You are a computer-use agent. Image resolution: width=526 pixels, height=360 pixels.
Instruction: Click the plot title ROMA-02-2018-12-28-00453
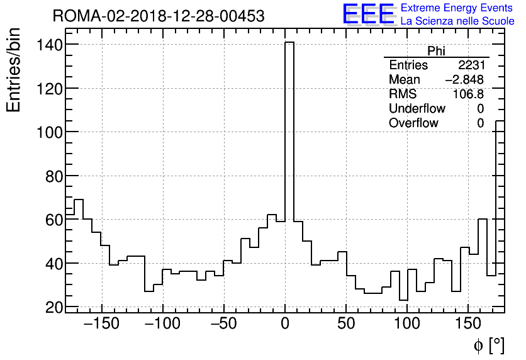point(159,16)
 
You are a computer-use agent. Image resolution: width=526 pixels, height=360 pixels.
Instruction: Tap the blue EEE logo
point(368,14)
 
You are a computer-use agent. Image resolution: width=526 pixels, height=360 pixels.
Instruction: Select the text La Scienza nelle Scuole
point(457,21)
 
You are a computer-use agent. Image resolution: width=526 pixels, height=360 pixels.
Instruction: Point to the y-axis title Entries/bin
point(14,70)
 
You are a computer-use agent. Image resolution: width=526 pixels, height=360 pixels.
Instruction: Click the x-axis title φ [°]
point(489,345)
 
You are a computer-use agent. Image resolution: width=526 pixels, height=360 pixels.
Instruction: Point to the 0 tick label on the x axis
point(284,325)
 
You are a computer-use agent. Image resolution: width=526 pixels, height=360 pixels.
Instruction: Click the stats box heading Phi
point(436,51)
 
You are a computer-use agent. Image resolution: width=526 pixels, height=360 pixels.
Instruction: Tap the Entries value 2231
point(471,65)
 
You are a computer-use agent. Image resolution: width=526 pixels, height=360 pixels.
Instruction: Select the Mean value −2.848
point(464,80)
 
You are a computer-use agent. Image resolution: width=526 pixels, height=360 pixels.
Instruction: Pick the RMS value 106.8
point(469,94)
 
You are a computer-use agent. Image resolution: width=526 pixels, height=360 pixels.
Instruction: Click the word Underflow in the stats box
point(417,109)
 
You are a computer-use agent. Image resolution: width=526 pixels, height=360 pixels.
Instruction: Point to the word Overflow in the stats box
point(413,123)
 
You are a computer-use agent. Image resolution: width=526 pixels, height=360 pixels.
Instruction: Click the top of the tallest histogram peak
point(289,43)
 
